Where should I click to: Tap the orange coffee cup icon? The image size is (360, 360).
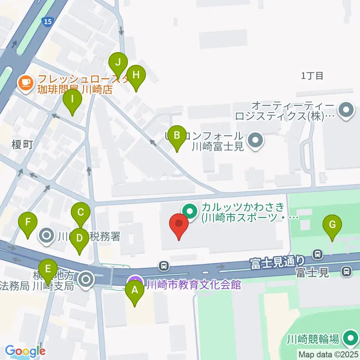tap(26, 81)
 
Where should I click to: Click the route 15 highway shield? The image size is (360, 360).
tap(48, 22)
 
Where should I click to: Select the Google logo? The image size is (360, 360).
tap(25, 351)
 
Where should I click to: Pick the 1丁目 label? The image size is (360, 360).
tap(312, 76)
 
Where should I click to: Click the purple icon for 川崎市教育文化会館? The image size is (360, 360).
tap(135, 282)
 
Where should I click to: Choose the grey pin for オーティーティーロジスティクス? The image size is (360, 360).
tap(346, 110)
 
